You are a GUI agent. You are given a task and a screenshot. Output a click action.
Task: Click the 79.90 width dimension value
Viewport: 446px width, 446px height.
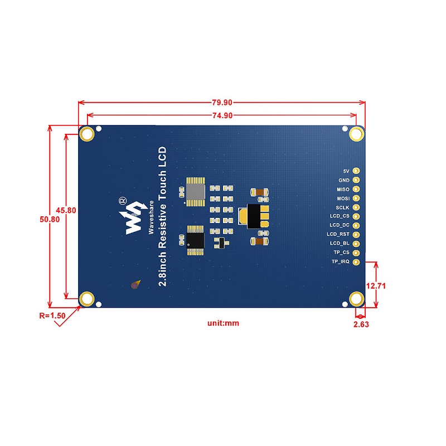tap(222, 103)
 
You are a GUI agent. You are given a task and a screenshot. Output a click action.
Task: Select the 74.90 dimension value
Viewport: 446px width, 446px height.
tap(222, 115)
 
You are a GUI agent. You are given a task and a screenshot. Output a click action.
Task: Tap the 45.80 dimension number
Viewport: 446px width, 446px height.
tap(66, 210)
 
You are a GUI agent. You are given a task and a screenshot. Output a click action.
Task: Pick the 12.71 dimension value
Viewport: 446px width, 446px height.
tap(377, 285)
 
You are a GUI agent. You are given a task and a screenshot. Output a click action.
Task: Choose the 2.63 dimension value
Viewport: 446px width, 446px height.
tap(361, 323)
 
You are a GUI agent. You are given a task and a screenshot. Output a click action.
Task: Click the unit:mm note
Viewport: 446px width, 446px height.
tap(223, 323)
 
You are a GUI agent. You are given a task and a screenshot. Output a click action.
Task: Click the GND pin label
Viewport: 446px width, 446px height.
tap(343, 180)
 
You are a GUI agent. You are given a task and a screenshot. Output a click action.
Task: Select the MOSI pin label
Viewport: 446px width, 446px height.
tap(343, 198)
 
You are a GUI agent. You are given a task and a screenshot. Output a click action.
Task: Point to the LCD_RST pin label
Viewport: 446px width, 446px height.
tap(339, 234)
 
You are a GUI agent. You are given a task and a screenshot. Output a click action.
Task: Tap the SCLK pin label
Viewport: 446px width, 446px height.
tap(342, 207)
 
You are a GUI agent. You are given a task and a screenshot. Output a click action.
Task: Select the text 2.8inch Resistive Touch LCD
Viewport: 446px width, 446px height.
tap(163, 217)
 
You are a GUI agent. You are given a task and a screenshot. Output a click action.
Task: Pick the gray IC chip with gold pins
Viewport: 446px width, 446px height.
tap(196, 192)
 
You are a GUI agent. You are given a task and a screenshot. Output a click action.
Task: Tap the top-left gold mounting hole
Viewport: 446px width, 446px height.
tap(86, 134)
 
